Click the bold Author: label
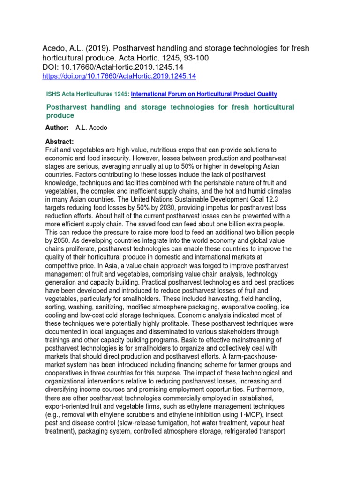pyautogui.click(x=57, y=127)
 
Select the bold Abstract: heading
pyautogui.click(x=60, y=142)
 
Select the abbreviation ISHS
pyautogui.click(x=52, y=94)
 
